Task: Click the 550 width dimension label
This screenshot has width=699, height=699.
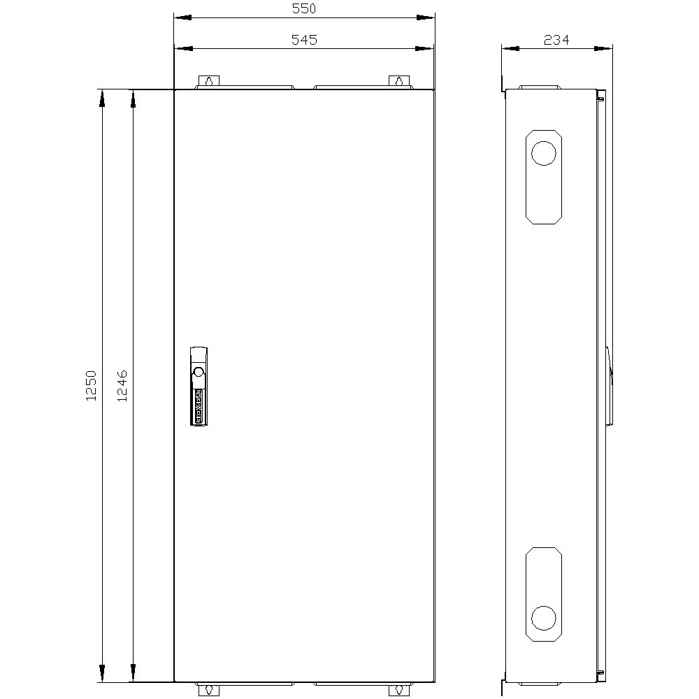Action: pyautogui.click(x=304, y=9)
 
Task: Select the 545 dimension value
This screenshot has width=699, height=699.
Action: pyautogui.click(x=304, y=40)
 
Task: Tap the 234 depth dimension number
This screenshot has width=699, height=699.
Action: pyautogui.click(x=556, y=40)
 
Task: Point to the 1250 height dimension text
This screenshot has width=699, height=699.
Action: pyautogui.click(x=90, y=386)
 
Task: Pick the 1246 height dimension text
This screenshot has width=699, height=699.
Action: pyautogui.click(x=122, y=386)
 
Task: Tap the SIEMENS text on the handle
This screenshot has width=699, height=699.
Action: pyautogui.click(x=198, y=405)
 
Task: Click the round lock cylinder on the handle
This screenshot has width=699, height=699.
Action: pyautogui.click(x=198, y=371)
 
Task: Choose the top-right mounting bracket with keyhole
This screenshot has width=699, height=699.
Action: pyautogui.click(x=398, y=82)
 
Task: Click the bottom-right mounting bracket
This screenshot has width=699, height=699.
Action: pyautogui.click(x=398, y=689)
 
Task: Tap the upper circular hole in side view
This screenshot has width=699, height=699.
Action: pyautogui.click(x=543, y=152)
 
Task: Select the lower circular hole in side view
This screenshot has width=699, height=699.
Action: pyautogui.click(x=543, y=618)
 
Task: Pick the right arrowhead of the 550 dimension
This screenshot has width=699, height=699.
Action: pyautogui.click(x=426, y=18)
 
